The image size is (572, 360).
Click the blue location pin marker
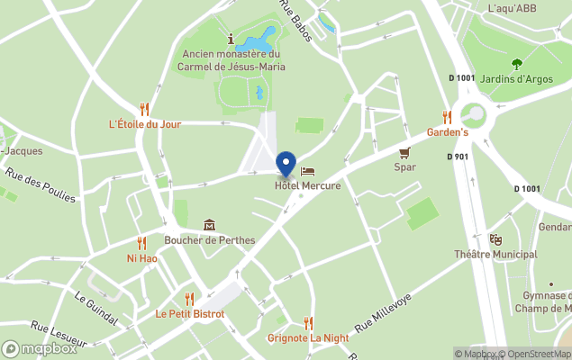tap(286, 164)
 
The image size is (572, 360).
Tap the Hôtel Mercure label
tap(308, 186)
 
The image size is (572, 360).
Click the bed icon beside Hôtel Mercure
tap(308, 171)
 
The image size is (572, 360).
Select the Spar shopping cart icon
tap(405, 152)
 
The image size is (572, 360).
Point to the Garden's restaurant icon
tap(447, 117)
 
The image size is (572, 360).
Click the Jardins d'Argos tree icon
tap(517, 64)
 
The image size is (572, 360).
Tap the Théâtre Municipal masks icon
tap(495, 239)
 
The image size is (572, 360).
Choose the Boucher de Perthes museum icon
tap(209, 225)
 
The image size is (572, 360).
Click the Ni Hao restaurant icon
tap(141, 243)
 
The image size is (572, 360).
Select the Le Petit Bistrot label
tap(189, 314)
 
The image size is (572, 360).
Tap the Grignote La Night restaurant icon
tap(308, 322)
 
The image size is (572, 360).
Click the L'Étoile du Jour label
tap(144, 123)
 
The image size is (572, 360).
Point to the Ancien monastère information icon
tap(232, 39)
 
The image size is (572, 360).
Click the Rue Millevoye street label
tap(382, 312)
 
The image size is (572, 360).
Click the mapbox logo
tap(40, 348)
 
